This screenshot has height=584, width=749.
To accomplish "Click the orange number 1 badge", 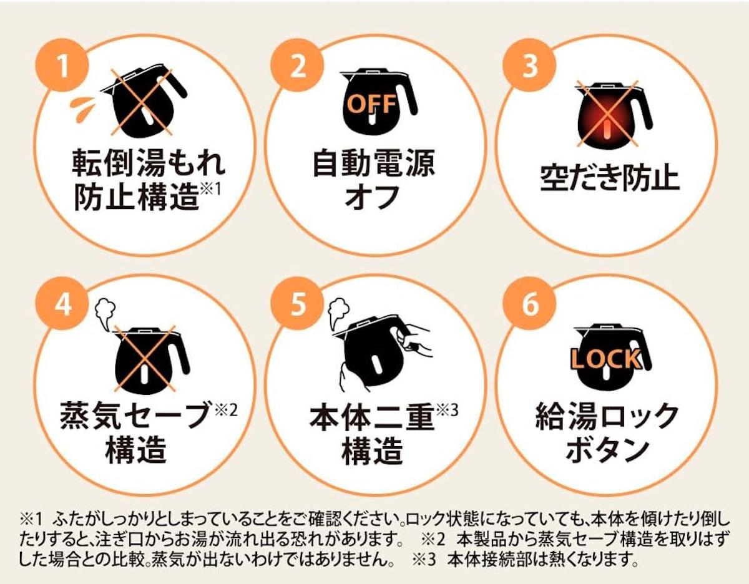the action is [62, 65].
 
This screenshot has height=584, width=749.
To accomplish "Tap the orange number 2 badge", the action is [298, 65].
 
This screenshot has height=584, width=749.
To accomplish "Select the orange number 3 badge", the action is [530, 65].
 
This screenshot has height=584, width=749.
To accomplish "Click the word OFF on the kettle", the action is [371, 104].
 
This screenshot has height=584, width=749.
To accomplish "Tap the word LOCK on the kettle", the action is [606, 359].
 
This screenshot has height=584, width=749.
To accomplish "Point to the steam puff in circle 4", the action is [105, 315].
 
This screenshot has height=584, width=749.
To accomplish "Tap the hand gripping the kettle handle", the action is [414, 339].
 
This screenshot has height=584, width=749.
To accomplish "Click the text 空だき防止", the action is [609, 178].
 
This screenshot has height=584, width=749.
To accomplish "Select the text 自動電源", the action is [373, 163].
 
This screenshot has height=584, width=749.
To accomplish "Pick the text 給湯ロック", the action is [607, 417].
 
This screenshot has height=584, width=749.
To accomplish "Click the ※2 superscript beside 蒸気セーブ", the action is [226, 411].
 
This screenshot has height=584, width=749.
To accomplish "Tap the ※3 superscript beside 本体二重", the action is [447, 411].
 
